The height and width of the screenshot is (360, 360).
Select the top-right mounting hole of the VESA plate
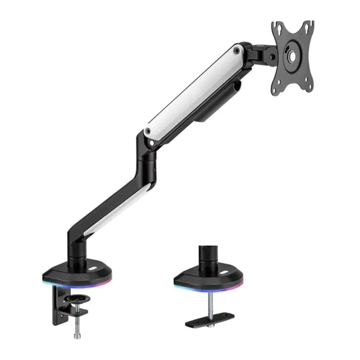tap(309, 25)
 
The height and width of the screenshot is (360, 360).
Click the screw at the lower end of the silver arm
tap(147, 131)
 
